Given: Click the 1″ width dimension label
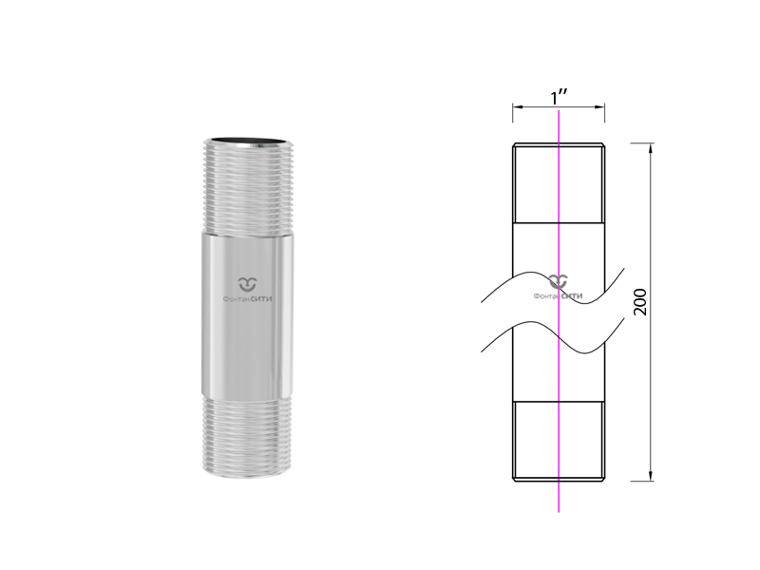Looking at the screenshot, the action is click(560, 97).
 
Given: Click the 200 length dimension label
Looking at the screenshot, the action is click(640, 301).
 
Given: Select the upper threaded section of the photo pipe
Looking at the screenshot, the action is click(248, 186).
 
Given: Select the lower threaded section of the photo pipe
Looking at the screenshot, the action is click(247, 435).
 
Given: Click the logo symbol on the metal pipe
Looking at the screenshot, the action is click(248, 284).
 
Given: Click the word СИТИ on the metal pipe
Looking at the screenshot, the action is click(261, 299).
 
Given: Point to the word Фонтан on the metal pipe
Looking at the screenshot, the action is click(237, 299).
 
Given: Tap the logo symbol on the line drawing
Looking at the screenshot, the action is click(559, 281).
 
